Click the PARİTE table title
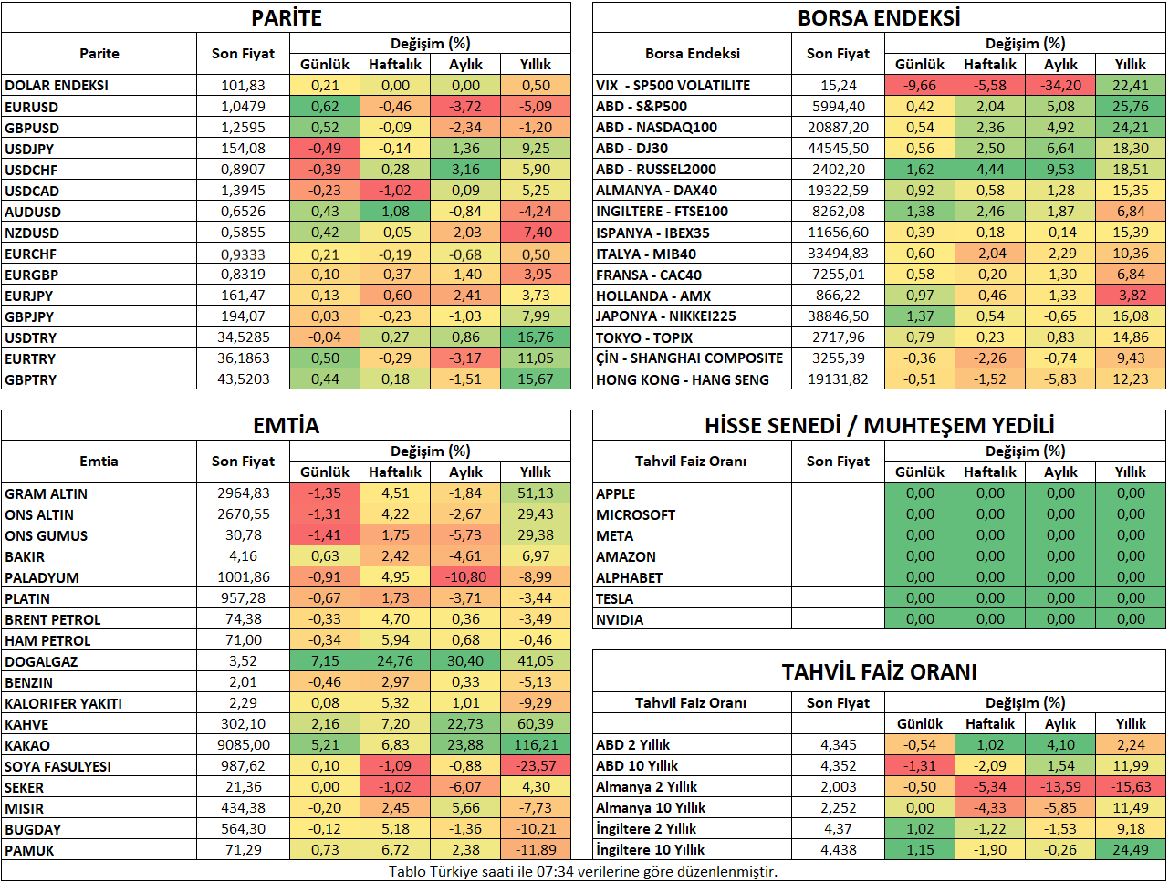pos(286,17)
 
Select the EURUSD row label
pos(31,107)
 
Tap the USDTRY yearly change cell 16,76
pos(536,337)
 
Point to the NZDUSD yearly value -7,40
pos(536,232)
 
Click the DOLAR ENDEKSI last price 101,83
pos(243,85)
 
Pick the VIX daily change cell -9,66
pos(919,85)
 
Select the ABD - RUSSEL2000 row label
pos(655,170)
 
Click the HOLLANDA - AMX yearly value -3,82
pos(1130,295)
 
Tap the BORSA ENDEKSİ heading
pos(879,17)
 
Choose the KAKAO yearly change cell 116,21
pos(536,744)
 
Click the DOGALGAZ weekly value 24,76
pos(394,660)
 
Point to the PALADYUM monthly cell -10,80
pos(464,577)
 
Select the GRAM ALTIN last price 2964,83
pos(243,493)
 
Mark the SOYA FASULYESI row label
pos(58,766)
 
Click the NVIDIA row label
pos(620,619)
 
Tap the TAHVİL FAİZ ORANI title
pos(879,671)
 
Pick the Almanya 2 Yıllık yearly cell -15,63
pos(1130,786)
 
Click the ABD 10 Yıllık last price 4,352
pos(838,765)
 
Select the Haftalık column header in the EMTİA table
pos(394,472)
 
